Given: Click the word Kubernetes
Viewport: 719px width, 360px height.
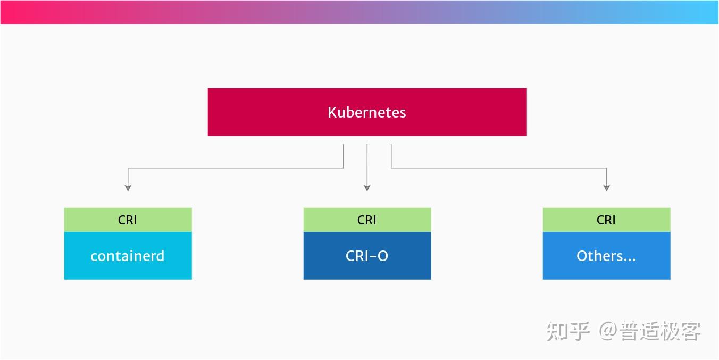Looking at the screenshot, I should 366,112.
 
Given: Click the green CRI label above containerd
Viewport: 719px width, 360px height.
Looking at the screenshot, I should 128,220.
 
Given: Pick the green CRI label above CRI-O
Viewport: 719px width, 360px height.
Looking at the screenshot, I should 367,220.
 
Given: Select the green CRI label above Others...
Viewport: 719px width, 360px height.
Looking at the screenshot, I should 606,220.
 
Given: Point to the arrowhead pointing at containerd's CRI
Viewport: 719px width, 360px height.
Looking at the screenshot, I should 128,188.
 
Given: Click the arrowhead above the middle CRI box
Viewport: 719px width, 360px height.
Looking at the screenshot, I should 367,188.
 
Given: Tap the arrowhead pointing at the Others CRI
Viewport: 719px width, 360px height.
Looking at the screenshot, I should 606,188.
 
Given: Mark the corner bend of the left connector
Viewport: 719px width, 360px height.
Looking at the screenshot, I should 128,168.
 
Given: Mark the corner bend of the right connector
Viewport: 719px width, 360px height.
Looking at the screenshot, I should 606,168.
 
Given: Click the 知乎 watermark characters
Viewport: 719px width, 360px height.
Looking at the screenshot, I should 568,331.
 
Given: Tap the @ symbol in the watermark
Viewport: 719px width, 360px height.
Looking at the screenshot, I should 608,331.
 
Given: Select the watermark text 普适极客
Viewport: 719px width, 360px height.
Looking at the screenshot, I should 659,331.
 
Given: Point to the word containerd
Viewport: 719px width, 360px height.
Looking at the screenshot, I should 128,256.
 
